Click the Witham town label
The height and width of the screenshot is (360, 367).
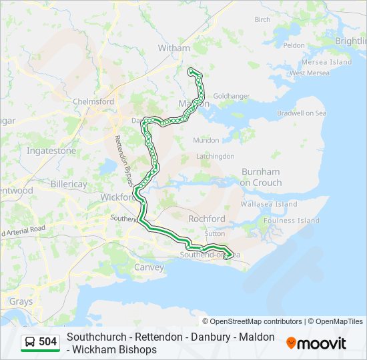(173, 48)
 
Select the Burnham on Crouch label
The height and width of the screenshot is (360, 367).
(261, 177)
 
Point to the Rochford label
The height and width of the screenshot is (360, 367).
(207, 219)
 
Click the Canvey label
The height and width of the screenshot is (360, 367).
(149, 267)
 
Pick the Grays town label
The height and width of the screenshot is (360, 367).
(20, 301)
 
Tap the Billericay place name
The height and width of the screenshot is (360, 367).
(69, 183)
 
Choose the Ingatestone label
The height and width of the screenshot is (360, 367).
(51, 151)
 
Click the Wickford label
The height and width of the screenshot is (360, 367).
(117, 197)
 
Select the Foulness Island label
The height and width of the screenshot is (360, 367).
(292, 221)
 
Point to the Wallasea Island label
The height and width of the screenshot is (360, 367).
(269, 204)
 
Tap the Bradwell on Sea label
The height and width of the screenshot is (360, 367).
(302, 113)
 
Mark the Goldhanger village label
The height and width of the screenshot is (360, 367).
(232, 97)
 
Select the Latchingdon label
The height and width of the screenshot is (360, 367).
(215, 156)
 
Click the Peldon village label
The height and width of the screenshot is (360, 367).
(294, 45)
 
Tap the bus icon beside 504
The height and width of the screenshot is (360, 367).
(30, 342)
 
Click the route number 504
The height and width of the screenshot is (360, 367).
(48, 342)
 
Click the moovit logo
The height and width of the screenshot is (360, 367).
(316, 343)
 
